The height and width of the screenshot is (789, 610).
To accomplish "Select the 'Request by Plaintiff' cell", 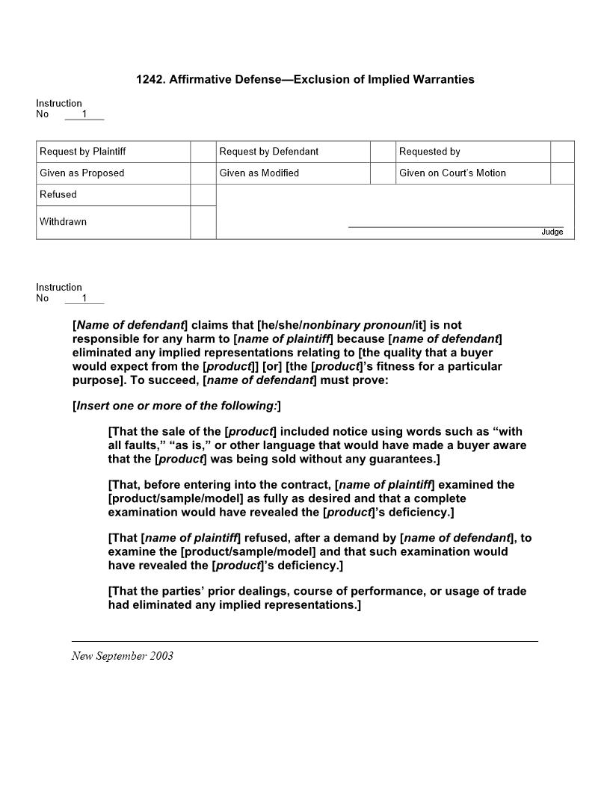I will coord(82,152).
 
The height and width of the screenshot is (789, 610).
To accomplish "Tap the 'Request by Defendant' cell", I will coord(268,152).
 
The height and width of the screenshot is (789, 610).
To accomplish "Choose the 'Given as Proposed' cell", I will coord(81,173).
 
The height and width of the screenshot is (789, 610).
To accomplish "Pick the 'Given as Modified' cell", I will coord(259,173).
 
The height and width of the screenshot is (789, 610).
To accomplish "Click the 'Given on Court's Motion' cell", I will coord(452,173).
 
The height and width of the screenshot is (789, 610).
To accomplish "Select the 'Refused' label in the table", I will coord(58,194).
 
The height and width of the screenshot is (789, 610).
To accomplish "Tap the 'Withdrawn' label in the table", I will coord(63,222).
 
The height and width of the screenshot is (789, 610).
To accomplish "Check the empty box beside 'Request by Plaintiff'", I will coord(203,152).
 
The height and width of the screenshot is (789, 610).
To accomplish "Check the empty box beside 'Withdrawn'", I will coord(203,223).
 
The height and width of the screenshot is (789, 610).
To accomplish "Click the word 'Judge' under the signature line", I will coord(552,232).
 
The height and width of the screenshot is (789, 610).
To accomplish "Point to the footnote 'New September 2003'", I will coord(123,656).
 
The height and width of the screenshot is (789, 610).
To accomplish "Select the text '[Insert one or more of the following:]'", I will coord(176,406).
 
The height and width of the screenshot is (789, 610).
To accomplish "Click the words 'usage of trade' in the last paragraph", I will coord(487,591).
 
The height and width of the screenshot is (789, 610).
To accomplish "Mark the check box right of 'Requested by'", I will coord(562,152).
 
